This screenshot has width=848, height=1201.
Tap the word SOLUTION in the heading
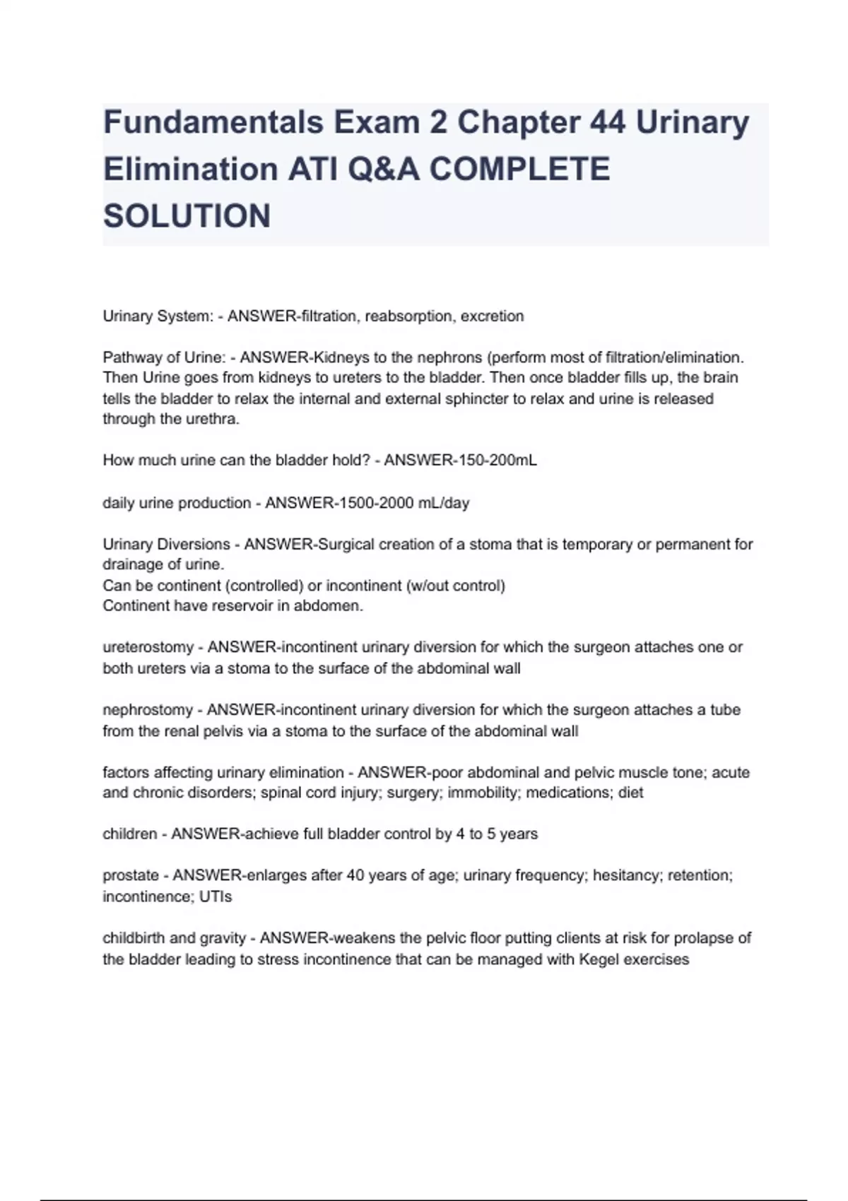pos(187,215)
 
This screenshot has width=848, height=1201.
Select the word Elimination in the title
pos(191,170)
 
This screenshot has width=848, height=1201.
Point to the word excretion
pos(492,316)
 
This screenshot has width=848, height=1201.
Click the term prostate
pos(131,875)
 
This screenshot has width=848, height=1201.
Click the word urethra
pos(215,419)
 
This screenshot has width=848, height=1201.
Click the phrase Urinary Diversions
pos(167,544)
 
